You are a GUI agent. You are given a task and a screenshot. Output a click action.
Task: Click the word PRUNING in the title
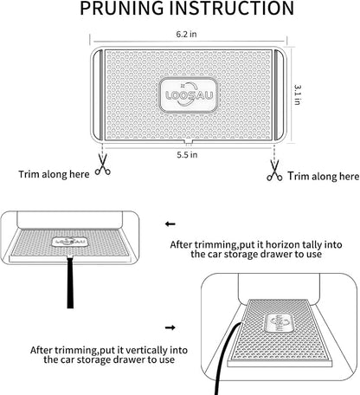pos(121,8)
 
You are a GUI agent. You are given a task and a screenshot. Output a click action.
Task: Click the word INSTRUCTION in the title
pos(232,8)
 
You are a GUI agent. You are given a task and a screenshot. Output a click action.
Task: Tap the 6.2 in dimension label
pos(186,34)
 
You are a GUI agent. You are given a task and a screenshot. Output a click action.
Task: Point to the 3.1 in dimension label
pos(298,94)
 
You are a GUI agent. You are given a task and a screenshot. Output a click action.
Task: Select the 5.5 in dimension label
pos(187,155)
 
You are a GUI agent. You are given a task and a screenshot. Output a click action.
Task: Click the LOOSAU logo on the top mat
pos(189,94)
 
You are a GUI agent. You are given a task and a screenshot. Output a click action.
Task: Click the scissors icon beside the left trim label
pos(103,165)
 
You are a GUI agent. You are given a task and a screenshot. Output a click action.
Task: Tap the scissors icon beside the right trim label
pos(274,171)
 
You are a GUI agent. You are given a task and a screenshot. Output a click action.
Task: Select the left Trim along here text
pos(54,174)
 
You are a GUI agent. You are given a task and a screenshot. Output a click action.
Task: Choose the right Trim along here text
pos(324,176)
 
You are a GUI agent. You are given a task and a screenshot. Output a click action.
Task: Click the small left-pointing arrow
pos(170,223)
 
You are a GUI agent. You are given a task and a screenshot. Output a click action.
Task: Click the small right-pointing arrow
pos(170,327)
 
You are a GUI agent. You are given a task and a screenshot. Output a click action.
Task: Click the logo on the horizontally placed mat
pos(69,242)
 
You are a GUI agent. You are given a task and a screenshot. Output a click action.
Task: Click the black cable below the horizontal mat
pos(70,282)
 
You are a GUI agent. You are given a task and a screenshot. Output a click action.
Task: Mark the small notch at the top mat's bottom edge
pos(188,141)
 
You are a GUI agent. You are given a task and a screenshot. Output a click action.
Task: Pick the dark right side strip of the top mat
pos(279,94)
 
